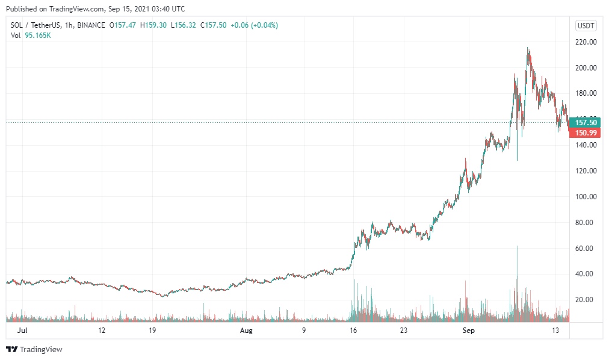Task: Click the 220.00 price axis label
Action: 586,42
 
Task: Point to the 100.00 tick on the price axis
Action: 586,197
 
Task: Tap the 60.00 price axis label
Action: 586,249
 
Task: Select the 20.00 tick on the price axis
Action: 586,300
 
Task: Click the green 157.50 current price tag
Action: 586,122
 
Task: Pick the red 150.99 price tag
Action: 586,132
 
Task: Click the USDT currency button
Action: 586,25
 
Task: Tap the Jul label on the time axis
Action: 22,331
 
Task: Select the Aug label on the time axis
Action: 246,331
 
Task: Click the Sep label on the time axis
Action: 469,331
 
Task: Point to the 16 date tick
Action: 354,331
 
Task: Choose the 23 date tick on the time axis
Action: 404,331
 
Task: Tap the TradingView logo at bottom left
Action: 34,349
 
